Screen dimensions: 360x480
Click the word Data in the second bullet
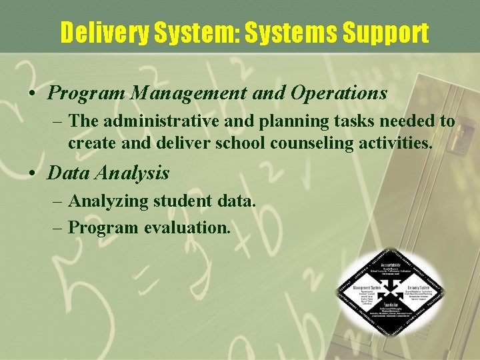point(68,173)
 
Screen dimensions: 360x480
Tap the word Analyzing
point(109,201)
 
